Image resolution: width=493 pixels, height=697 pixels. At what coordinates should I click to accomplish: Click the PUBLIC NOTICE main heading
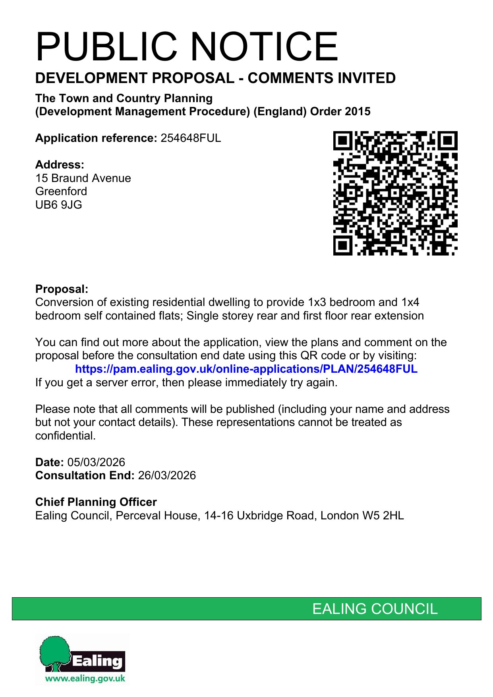point(187,46)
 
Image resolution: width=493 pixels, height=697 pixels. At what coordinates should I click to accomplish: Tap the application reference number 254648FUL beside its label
point(191,138)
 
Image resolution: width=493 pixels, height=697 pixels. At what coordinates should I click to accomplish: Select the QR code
point(395,193)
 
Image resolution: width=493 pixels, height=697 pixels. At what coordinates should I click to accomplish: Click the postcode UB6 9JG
point(59,205)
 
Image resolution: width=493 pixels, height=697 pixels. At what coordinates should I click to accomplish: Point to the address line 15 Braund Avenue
point(83,178)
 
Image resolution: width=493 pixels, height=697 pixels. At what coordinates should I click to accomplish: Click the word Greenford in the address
point(61,191)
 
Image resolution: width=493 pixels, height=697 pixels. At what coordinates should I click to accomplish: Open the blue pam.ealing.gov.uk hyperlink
point(246,369)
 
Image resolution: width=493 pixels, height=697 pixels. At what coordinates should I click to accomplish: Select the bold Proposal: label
point(62,289)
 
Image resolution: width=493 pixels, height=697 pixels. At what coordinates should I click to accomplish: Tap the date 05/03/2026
point(96,462)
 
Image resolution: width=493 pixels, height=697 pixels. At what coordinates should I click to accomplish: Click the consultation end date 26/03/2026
point(167,475)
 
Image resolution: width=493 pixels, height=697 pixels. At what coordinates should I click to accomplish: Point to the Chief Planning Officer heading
point(96,502)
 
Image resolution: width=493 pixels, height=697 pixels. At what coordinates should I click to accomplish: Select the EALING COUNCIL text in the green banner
point(375,609)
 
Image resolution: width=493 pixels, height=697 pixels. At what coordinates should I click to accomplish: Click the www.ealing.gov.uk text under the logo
point(85,678)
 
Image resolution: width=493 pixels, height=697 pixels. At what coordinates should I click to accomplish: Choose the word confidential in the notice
point(65,436)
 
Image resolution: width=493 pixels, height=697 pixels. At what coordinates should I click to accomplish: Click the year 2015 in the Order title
point(357,111)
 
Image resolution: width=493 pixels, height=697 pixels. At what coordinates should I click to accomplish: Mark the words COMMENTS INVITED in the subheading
point(321,78)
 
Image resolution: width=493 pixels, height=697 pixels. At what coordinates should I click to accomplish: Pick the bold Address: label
point(60,165)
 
